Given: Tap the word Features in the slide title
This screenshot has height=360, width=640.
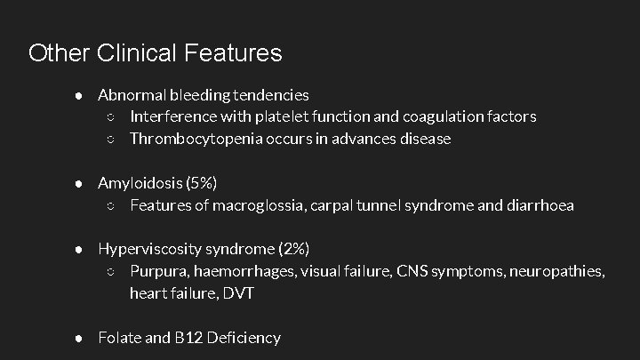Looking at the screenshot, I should coord(234,53).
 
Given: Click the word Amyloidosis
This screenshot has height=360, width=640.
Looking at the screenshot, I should coord(140,183).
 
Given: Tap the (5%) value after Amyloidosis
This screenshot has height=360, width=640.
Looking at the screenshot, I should coord(201,183).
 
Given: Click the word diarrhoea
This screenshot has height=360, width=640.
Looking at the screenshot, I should coord(539,205).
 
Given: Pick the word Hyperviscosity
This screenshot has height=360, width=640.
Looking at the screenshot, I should coord(148,249).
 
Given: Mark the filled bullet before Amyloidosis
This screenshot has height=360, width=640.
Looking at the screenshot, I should coord(79,183).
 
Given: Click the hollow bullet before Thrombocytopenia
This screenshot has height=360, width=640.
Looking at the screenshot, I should coord(110,139).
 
